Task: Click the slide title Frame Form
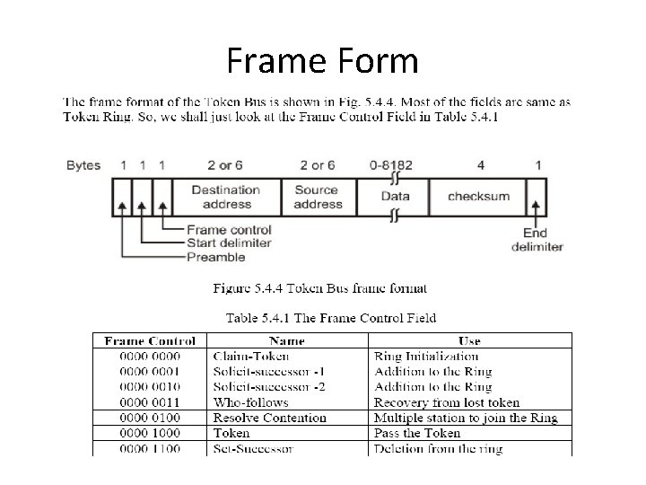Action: pos(322,61)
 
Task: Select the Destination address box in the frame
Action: pos(225,197)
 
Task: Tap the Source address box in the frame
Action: pos(319,197)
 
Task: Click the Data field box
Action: pos(395,197)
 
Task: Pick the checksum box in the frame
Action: pos(478,197)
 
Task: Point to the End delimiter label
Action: pos(537,240)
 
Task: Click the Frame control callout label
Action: pos(230,231)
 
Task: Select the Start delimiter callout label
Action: pos(230,244)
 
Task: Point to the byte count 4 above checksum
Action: pos(481,165)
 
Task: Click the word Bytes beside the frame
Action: pos(83,165)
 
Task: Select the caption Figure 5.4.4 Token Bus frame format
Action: pos(307,288)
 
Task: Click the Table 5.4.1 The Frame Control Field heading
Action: pos(331,317)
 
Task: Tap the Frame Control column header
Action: pos(150,341)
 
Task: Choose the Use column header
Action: pos(468,341)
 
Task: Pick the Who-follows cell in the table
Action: pos(250,402)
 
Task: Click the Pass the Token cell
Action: pos(417,433)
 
